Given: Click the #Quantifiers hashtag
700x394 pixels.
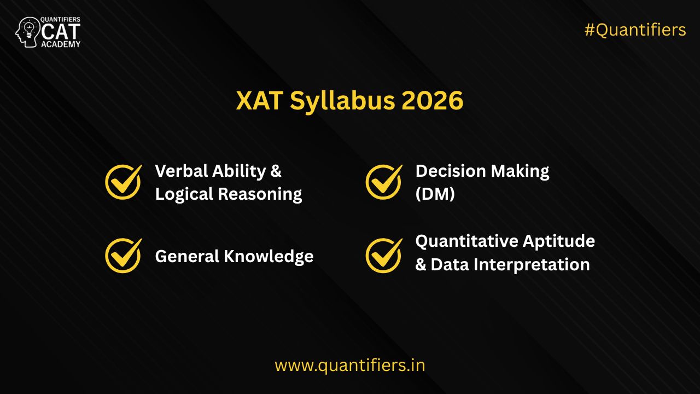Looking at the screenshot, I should click(635, 30).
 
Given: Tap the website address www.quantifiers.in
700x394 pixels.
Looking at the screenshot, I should click(349, 365).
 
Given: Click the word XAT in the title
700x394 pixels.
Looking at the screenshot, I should click(259, 101).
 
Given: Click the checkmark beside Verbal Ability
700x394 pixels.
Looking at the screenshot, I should click(123, 182).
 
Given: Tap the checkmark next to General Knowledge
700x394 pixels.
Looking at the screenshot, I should click(123, 256).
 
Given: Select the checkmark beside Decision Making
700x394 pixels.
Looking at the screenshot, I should click(383, 182).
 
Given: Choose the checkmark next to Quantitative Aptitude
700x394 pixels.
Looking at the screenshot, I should click(383, 256).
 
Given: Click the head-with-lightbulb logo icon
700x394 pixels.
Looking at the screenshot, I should click(28, 32).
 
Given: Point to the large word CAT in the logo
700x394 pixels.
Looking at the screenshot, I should click(61, 32).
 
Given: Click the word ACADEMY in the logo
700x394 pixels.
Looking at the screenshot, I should click(61, 44).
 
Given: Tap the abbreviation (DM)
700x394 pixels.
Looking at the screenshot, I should click(435, 194).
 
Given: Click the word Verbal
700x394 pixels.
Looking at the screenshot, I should click(179, 171).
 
